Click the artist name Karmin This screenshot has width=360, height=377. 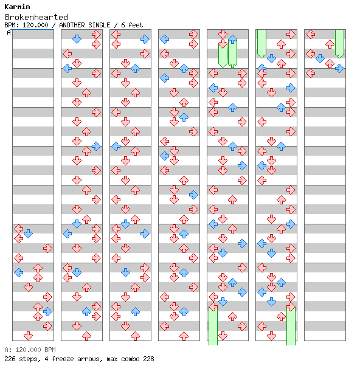point(17,7)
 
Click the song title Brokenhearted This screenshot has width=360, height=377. point(36,17)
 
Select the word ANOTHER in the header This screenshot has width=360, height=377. point(72,25)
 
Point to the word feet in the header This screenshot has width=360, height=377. point(136,25)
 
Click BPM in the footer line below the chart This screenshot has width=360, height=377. point(50,350)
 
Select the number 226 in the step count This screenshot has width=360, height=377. point(10,359)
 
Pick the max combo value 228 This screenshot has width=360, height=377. point(148,359)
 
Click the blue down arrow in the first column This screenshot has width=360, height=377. point(29,233)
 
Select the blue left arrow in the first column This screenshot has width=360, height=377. point(19,272)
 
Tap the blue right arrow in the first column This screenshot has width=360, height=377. point(47,311)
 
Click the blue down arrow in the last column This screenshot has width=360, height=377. point(320,58)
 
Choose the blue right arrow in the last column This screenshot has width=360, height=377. point(339,69)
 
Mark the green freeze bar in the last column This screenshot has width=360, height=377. point(339,44)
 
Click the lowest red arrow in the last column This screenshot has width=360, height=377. point(311,74)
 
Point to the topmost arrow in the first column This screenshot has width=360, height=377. point(19,229)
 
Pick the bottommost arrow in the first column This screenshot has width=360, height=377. point(29,336)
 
